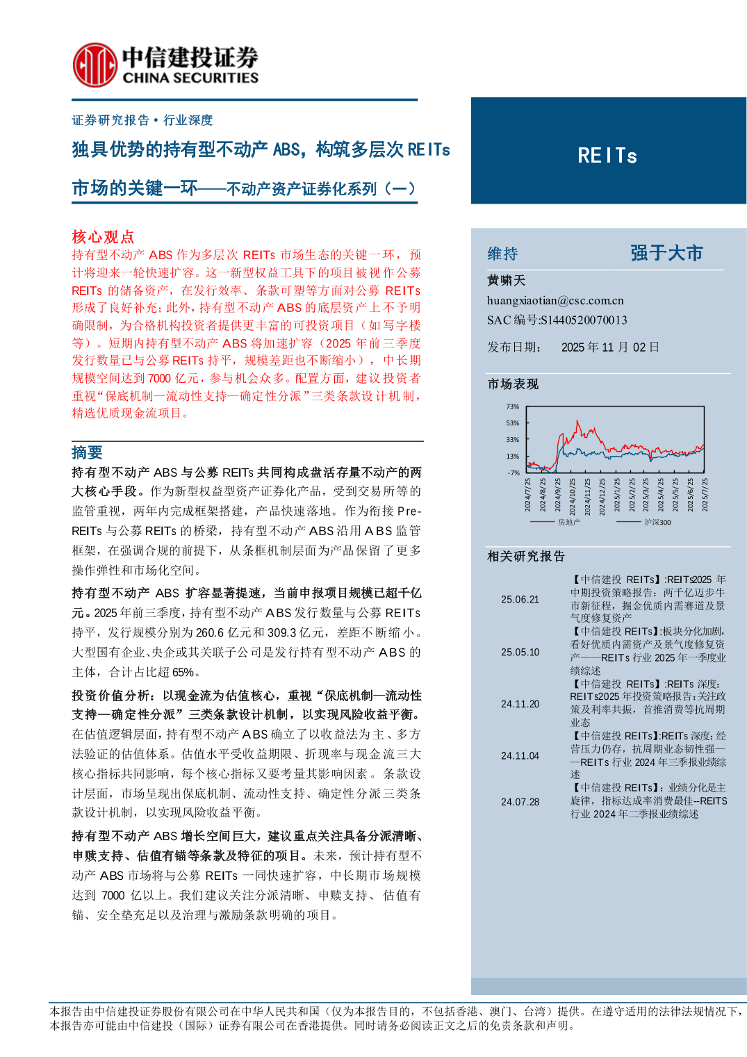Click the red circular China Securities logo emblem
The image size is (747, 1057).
pos(95,65)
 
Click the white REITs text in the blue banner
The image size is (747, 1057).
pos(607,156)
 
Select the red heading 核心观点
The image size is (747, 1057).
pos(103,237)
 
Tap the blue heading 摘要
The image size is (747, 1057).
pos(87,452)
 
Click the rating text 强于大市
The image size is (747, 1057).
pos(666,253)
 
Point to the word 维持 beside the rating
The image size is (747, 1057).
pos(502,254)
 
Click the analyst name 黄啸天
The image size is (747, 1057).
pos(506,280)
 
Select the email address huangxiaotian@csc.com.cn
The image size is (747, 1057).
pos(555,300)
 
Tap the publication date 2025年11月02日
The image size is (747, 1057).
pos(610,347)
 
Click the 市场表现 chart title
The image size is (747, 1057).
pos(513,384)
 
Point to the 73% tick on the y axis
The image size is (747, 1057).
pos(512,407)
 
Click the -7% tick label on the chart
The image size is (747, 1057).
pos(513,473)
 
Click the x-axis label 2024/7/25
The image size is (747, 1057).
pos(528,495)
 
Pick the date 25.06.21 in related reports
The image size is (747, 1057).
pos(520,599)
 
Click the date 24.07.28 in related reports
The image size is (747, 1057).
pos(520,801)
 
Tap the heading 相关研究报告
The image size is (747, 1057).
pos(526,556)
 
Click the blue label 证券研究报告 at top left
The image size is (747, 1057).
pos(110,120)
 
